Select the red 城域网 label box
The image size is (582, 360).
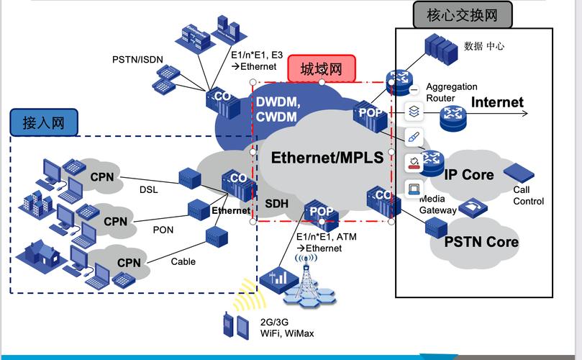[322, 68]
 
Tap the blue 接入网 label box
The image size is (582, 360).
[43, 122]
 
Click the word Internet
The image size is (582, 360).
[497, 102]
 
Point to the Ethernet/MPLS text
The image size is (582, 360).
[327, 158]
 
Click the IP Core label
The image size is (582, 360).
[468, 175]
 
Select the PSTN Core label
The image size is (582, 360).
[481, 242]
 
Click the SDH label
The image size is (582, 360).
[276, 204]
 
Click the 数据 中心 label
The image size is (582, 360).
[484, 46]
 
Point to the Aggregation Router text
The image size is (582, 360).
[451, 92]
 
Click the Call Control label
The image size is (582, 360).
[528, 196]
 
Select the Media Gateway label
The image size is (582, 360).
[437, 204]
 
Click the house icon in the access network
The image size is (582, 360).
[42, 251]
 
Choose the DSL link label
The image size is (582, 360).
[148, 189]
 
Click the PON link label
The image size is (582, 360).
[163, 230]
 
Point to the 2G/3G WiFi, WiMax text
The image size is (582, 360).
[286, 328]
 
